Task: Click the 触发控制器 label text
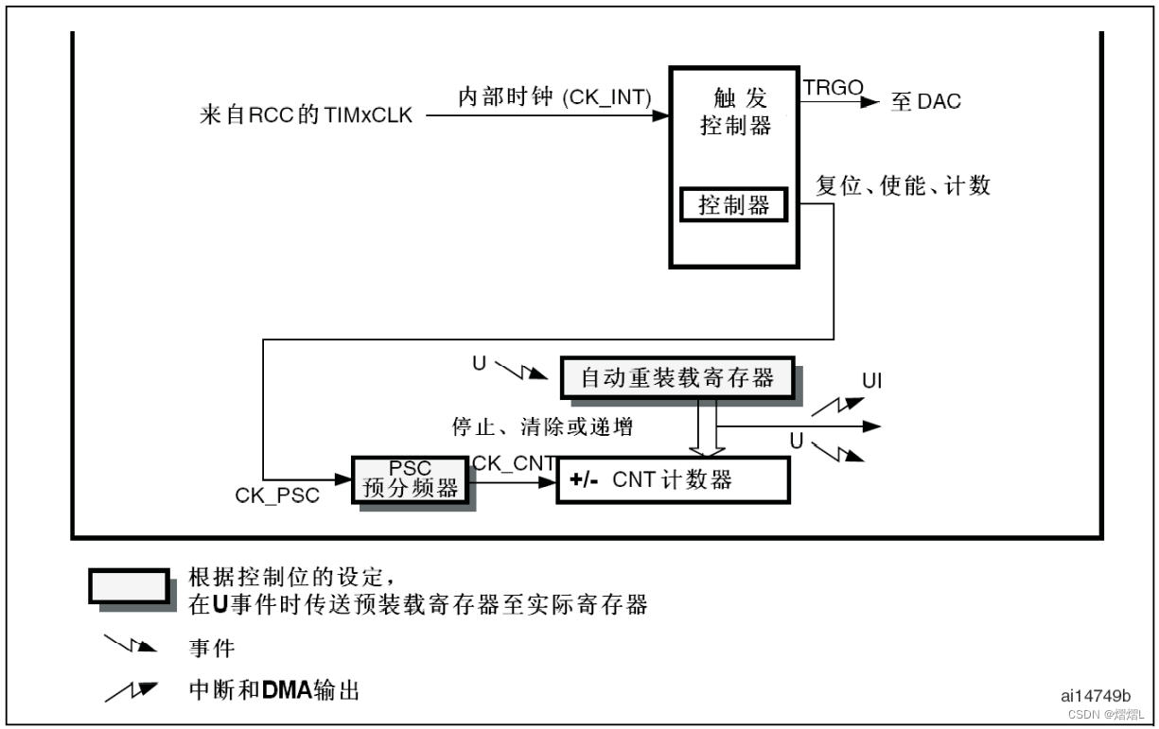coord(735,112)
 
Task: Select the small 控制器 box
coord(733,204)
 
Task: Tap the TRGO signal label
coord(833,88)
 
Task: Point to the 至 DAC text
coord(925,101)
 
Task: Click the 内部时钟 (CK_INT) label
coord(555,98)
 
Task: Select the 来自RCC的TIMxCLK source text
coord(307,117)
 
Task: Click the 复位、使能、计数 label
coord(903,185)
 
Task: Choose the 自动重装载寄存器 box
coord(677,378)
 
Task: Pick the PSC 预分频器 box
coord(410,479)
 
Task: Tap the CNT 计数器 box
coord(672,479)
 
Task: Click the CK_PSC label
coord(277,495)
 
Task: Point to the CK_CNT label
coord(513,463)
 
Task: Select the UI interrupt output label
coord(872,380)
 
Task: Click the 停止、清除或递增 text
coord(542,427)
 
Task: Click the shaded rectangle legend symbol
coord(130,586)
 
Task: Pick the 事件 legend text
coord(212,649)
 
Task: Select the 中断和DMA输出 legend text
coord(273,691)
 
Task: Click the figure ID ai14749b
coord(1095,696)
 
